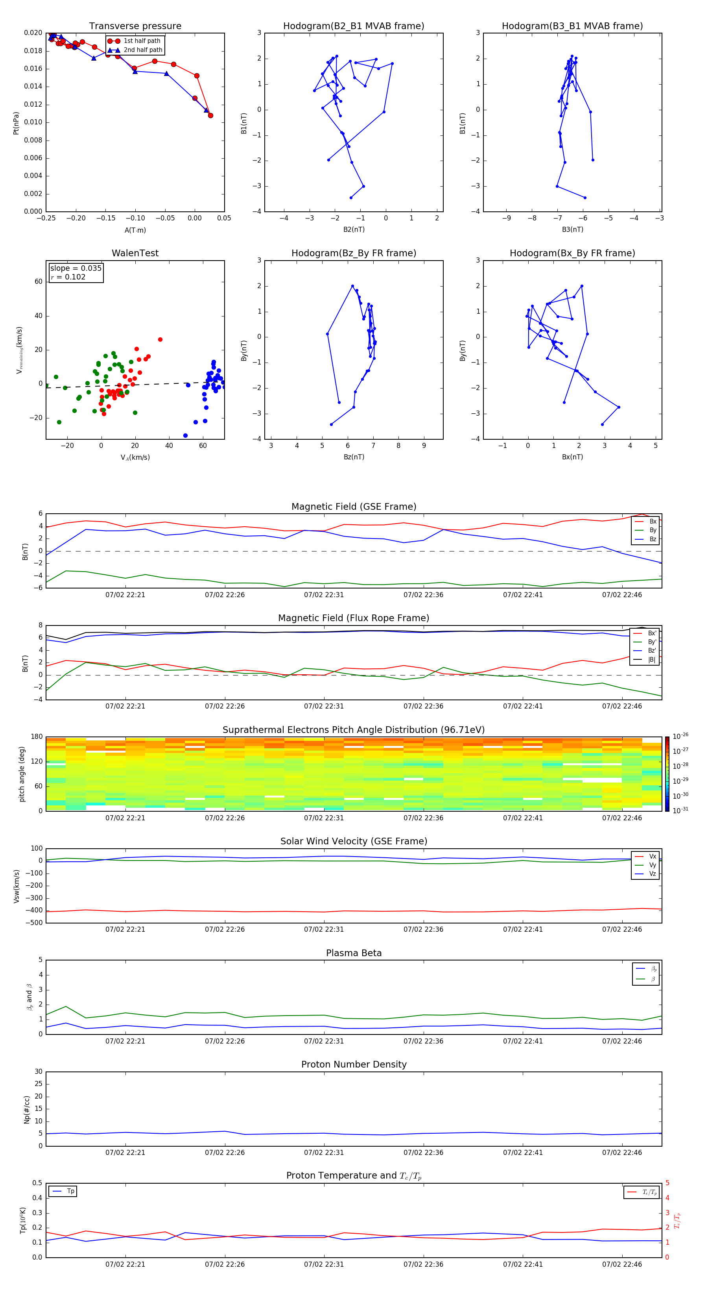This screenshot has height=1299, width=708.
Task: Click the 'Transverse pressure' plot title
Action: click(135, 26)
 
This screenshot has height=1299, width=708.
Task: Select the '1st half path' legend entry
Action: click(142, 41)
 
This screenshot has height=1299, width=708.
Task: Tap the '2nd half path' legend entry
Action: click(143, 50)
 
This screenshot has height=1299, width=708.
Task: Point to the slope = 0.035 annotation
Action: click(76, 268)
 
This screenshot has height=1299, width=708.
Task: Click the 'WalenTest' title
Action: click(135, 253)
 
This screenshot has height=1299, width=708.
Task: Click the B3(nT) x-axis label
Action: click(572, 229)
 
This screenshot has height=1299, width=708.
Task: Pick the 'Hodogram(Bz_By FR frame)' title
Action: click(354, 253)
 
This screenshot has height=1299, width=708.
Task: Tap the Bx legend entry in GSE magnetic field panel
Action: click(653, 522)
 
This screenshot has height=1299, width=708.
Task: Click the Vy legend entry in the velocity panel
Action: click(653, 865)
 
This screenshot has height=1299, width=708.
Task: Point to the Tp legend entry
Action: click(70, 1191)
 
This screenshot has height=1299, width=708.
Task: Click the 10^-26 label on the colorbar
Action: click(680, 736)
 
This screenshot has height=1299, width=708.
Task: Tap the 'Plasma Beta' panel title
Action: click(354, 953)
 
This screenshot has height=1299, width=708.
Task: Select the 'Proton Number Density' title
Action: click(354, 1064)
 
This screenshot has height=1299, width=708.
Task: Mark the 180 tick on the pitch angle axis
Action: click(37, 737)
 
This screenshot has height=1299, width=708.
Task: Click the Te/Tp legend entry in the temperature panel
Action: click(649, 1192)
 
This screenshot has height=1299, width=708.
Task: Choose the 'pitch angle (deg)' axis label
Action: click(22, 774)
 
